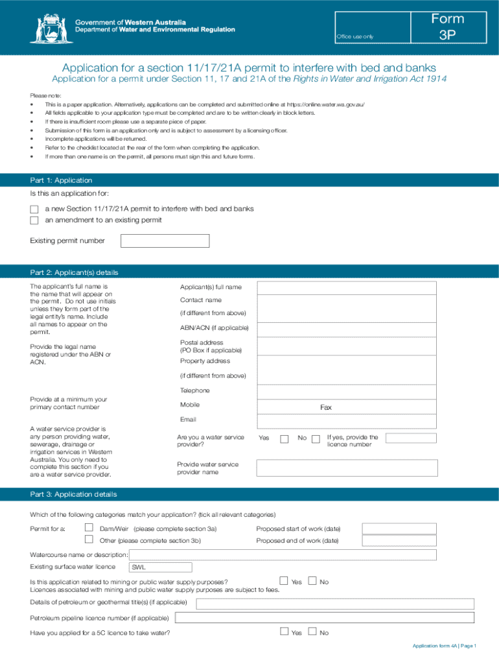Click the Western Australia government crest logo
pos(48,28)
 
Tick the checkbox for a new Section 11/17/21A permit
pos(34,209)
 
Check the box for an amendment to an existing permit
pos(34,220)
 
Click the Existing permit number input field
pos(165,241)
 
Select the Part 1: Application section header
pos(62,180)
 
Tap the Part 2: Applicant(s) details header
pos(74,272)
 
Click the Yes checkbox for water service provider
pos(284,439)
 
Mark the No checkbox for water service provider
pos(316,439)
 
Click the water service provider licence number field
pos(411,438)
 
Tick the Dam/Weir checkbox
pos(89,528)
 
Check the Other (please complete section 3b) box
pos(89,539)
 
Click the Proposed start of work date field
pos(399,528)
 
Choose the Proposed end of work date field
pos(399,541)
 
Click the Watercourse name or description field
pos(283,555)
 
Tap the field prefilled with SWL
pos(160,567)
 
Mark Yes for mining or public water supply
pos(283,581)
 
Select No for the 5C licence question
pos(312,632)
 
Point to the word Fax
pos(326,408)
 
